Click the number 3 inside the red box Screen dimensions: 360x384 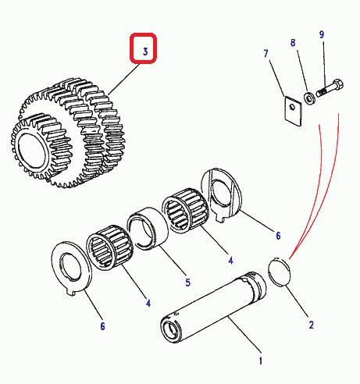click(x=145, y=52)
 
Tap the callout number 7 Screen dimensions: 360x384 click(x=266, y=54)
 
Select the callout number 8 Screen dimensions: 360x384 click(x=293, y=43)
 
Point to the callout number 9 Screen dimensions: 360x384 click(x=322, y=34)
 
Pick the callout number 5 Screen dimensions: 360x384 click(x=188, y=283)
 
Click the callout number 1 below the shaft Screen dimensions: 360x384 click(x=260, y=361)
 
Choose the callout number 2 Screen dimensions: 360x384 click(x=312, y=325)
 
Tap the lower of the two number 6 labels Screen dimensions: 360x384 click(x=102, y=326)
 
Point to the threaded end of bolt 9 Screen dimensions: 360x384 click(x=321, y=92)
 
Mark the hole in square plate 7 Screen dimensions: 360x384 click(x=293, y=106)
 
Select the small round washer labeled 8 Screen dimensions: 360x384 click(x=309, y=99)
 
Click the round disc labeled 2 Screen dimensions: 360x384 click(x=279, y=272)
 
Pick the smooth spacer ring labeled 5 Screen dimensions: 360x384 click(x=148, y=229)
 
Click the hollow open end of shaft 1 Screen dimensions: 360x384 click(x=170, y=332)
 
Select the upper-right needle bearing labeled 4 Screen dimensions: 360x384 click(x=186, y=210)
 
